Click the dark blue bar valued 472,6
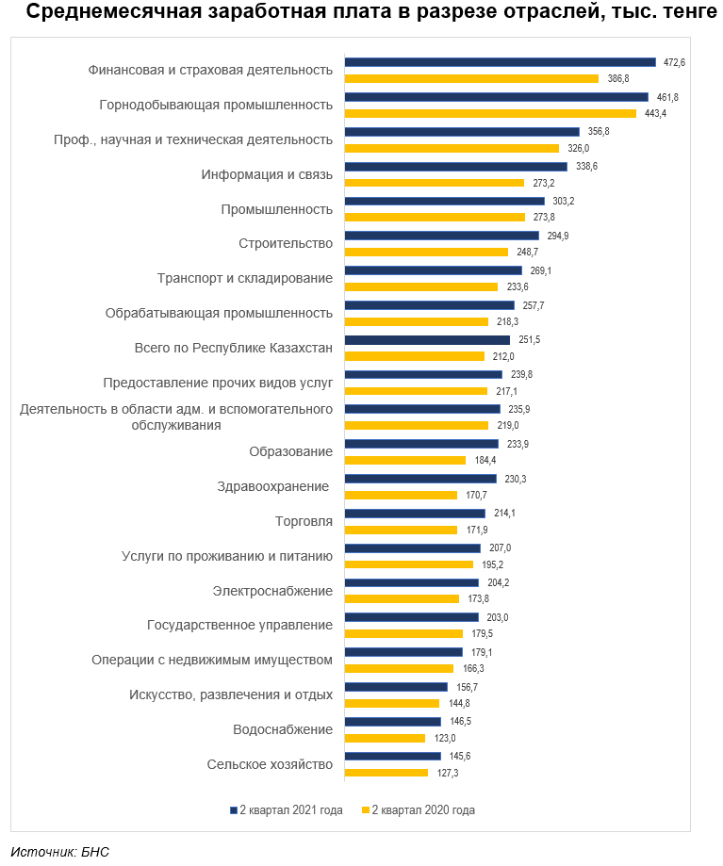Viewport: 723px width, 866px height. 500,62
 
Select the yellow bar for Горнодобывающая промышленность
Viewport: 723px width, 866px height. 490,113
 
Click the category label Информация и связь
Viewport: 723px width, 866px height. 267,174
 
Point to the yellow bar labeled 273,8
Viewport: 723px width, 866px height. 435,217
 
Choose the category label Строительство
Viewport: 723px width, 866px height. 286,244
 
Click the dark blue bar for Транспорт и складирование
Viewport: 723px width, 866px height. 433,270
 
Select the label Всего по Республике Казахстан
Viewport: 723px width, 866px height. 234,348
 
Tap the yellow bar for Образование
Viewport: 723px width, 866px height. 405,460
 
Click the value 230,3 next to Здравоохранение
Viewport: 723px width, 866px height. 516,479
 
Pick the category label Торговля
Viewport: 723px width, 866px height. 304,521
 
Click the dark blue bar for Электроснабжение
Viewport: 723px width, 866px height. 412,582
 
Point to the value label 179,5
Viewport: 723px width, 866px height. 483,633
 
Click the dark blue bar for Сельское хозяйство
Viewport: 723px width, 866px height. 393,756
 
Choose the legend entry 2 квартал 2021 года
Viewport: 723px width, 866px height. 287,810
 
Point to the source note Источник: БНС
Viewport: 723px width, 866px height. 60,852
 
